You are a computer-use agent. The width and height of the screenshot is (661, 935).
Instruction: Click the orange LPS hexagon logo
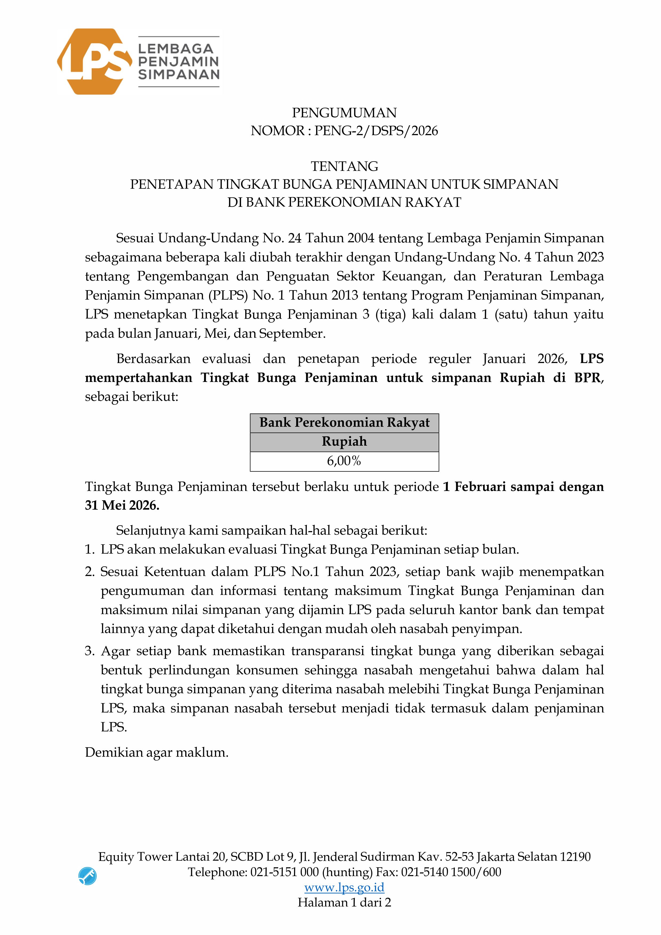(x=95, y=62)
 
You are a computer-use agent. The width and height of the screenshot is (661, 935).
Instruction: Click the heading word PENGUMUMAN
(x=344, y=113)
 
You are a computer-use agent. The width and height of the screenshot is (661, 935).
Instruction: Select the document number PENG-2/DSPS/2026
(x=376, y=131)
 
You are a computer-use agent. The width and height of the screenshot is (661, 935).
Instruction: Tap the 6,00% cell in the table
(x=344, y=461)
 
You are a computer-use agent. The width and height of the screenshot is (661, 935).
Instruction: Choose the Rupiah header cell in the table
(x=344, y=441)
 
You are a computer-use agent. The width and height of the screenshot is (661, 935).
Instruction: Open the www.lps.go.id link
(x=344, y=887)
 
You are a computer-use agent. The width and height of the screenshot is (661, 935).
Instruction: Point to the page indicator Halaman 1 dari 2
(x=344, y=902)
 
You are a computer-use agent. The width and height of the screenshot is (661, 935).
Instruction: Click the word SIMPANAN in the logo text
(x=179, y=75)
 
